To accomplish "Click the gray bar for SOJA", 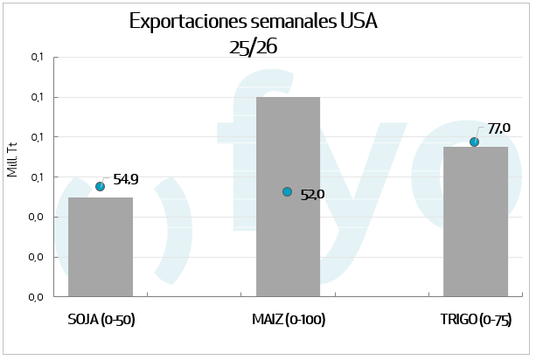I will pos(101,247).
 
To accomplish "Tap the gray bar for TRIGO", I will pos(475,222).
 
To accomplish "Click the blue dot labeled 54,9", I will pos(101,186).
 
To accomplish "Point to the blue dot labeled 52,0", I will pos(288,192).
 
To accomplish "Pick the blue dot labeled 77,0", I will pos(475,142).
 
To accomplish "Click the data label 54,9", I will pos(125,180).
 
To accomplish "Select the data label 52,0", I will pos(312,195).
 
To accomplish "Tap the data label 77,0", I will pos(498,128).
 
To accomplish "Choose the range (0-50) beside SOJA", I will pos(117,319).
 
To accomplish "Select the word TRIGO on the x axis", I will pos(459,319).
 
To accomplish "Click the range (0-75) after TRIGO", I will pos(496,319).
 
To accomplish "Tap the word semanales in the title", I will pos(292,22).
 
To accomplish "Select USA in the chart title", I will pos(360,22).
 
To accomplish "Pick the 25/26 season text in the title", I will pos(253,47).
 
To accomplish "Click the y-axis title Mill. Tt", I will pos(12,157).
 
